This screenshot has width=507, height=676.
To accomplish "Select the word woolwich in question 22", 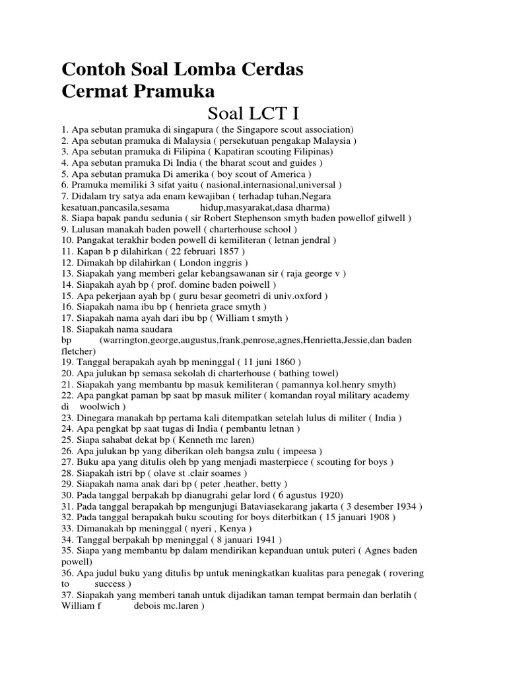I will [x=102, y=407].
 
